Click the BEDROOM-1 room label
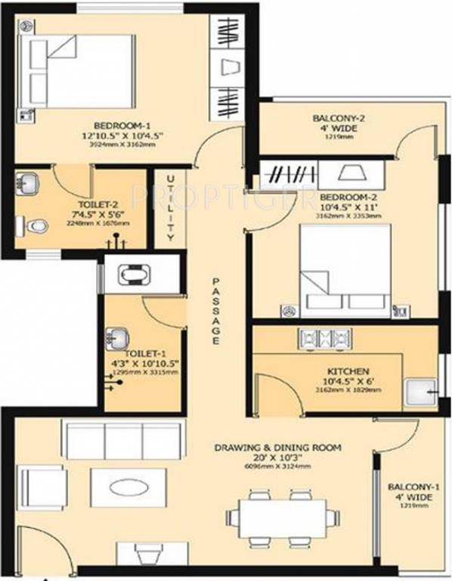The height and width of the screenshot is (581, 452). [x=115, y=125]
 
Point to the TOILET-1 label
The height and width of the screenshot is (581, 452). [x=142, y=353]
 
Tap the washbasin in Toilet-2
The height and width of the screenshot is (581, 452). [x=29, y=184]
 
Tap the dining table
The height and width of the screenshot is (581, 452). [x=280, y=516]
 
